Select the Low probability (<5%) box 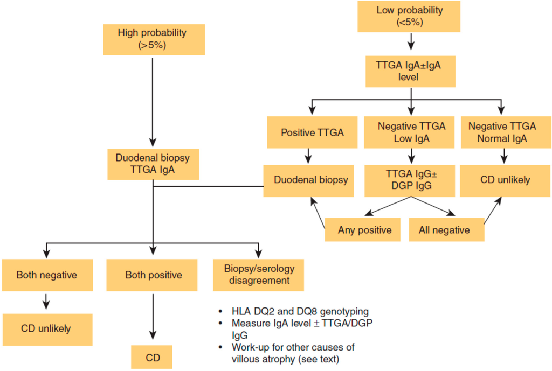pyautogui.click(x=411, y=16)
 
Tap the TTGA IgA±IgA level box pyautogui.click(x=411, y=71)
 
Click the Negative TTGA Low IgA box pyautogui.click(x=411, y=132)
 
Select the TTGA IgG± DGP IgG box pyautogui.click(x=411, y=180)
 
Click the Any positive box pyautogui.click(x=364, y=230)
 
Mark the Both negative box pyautogui.click(x=46, y=275)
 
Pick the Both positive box pyautogui.click(x=154, y=275)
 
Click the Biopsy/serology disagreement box pyautogui.click(x=259, y=274)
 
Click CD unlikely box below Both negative pyautogui.click(x=46, y=327)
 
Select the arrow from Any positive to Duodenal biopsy pyautogui.click(x=319, y=213)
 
